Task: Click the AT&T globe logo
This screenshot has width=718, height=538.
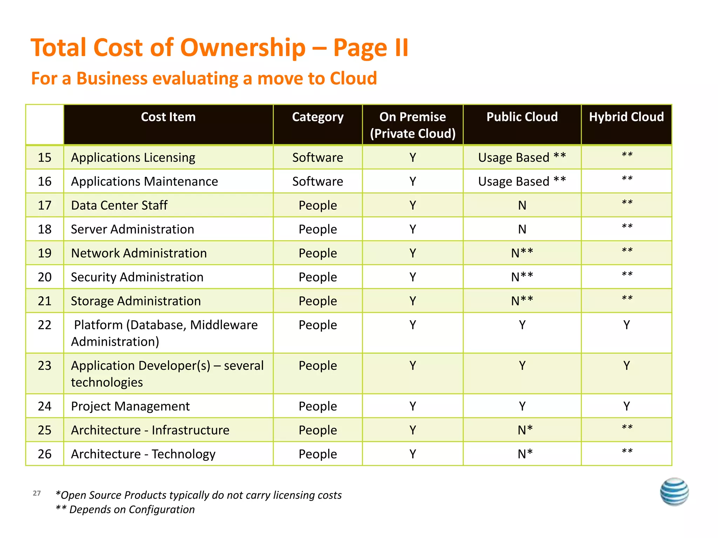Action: pos(674,491)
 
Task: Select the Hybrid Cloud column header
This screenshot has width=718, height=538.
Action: pos(626,117)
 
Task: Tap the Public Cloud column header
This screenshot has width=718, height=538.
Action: pos(522,117)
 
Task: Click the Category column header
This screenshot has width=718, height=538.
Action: pos(318,117)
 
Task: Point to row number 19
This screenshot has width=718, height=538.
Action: pos(45,253)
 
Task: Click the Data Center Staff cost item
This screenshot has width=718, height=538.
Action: pos(119,205)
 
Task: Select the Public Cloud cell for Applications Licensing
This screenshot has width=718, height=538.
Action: pos(522,158)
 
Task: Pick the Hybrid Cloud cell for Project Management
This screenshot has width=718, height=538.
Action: pos(626,406)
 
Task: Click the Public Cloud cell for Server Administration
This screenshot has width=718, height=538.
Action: pos(522,229)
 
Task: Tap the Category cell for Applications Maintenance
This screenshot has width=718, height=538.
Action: pos(318,181)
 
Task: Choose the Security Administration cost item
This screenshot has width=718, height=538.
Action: pos(137,277)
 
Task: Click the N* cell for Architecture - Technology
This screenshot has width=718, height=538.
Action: pos(525,454)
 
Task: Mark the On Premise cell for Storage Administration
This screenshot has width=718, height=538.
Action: pos(413,301)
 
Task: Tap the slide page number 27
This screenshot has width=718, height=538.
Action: pos(37,493)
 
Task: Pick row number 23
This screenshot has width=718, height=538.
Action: pos(45,366)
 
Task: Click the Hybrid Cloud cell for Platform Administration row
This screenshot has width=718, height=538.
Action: pos(626,325)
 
